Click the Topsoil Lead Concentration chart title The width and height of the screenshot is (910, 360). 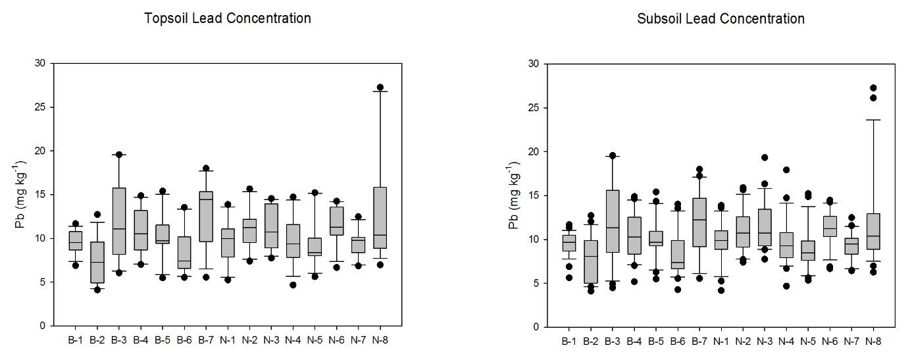(x=228, y=18)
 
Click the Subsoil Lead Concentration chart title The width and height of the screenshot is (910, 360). (x=720, y=18)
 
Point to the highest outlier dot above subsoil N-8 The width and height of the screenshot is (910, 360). (x=873, y=88)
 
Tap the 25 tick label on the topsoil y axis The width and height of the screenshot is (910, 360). (x=43, y=107)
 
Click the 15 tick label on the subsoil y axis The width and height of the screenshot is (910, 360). (x=535, y=195)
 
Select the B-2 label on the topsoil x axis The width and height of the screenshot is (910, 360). (x=97, y=340)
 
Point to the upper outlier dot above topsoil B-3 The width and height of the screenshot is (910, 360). (x=119, y=155)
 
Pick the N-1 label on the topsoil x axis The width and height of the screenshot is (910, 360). (x=228, y=340)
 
